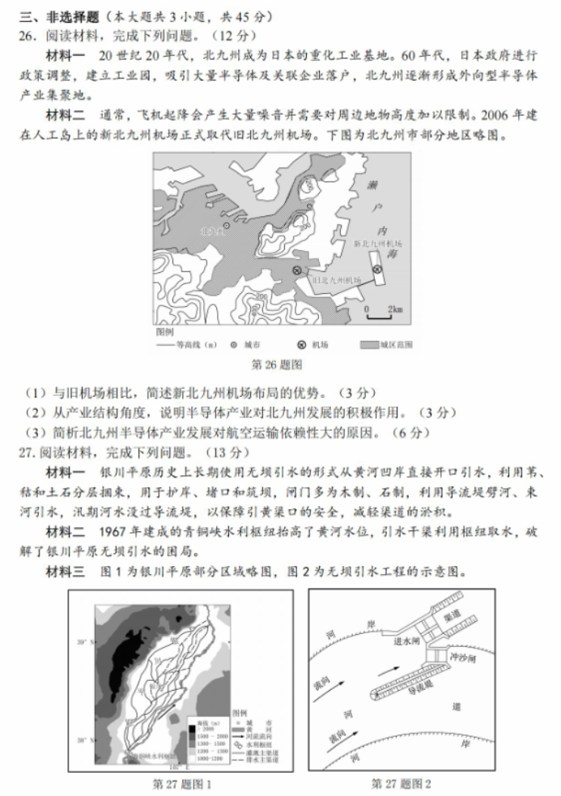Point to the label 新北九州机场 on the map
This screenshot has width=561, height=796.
point(377,243)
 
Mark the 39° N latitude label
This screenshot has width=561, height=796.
point(82,642)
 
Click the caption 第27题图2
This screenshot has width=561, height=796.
point(401,784)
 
